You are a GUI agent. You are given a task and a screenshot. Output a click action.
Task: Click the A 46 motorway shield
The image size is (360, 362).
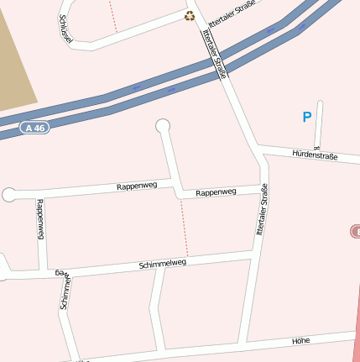click(34, 128)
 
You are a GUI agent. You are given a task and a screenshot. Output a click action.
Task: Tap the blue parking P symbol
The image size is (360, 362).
click(307, 118)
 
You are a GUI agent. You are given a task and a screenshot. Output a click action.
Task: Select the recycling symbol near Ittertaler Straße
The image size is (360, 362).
click(190, 15)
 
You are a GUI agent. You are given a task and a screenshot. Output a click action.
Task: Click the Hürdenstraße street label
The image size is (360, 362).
click(315, 155)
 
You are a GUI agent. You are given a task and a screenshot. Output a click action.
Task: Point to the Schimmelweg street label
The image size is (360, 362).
click(162, 264)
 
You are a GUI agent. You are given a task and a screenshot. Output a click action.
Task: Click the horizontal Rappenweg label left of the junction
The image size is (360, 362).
click(137, 185)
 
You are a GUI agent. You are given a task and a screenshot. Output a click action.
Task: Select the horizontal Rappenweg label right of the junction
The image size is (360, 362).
click(216, 192)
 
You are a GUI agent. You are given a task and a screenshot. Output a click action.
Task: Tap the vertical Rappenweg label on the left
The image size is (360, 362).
click(39, 220)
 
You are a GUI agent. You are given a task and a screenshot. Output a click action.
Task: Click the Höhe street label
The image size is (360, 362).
click(301, 340)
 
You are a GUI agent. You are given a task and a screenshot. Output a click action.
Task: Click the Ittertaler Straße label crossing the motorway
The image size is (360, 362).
click(215, 55)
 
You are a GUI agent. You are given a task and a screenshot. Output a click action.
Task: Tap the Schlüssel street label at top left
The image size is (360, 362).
click(65, 29)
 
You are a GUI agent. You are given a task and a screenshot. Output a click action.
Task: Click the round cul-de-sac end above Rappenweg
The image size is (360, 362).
click(163, 127)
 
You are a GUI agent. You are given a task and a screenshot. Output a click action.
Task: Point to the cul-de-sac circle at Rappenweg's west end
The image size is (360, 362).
click(9, 195)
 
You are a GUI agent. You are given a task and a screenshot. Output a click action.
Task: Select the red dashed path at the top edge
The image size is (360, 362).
click(112, 15)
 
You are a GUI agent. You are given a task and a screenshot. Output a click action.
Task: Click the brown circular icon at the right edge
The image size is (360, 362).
click(355, 230)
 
